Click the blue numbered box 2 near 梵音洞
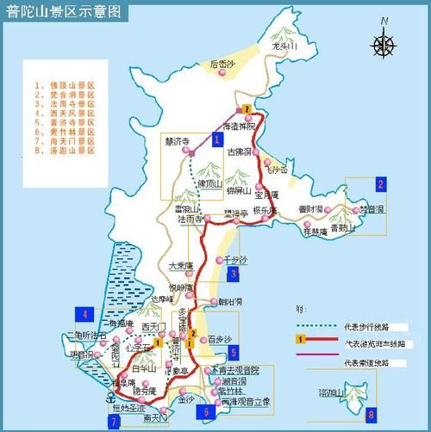380,183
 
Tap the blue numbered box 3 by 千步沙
234,275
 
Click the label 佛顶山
208,184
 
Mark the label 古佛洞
238,151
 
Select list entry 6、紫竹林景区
65,131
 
